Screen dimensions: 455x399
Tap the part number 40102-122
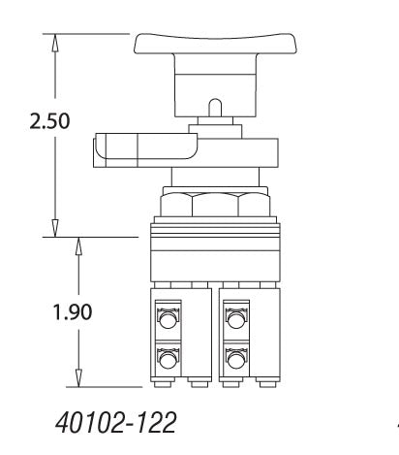tap(107, 424)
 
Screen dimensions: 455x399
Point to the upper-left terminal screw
tap(168, 318)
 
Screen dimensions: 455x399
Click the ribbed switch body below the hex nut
tap(215, 252)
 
